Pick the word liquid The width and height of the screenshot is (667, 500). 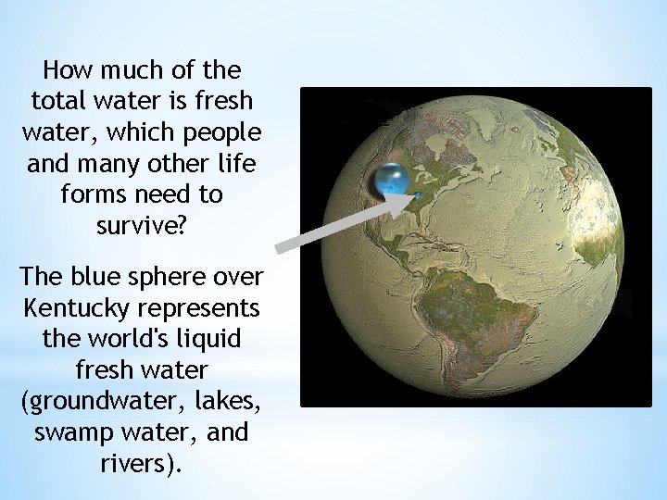coord(209,337)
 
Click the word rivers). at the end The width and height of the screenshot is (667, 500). coord(142,463)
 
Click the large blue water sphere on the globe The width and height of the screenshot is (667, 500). coord(392,181)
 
